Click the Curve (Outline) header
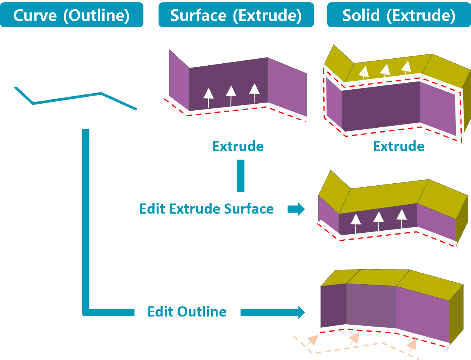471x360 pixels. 72,15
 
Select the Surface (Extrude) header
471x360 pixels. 236,15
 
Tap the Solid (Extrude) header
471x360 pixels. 399,15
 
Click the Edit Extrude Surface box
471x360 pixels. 206,209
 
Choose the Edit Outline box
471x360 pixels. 187,311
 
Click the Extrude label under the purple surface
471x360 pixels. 238,146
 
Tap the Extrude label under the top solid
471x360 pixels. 399,146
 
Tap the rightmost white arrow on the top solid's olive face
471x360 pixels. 406,67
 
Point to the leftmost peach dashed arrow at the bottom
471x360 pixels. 312,340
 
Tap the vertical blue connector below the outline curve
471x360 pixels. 86,217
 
